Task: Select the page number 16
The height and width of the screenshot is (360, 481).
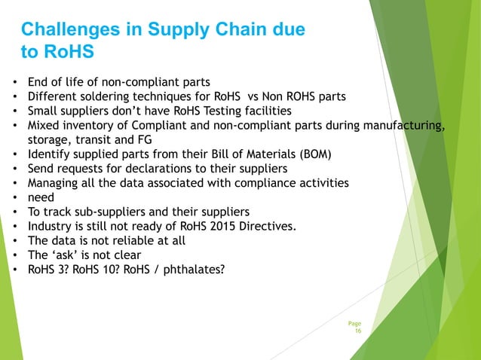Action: click(358, 331)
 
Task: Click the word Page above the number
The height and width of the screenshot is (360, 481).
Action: click(354, 323)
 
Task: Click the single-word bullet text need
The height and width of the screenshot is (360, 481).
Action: click(41, 197)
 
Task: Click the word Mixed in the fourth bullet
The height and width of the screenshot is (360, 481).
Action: click(44, 125)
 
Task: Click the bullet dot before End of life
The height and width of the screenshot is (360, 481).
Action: click(15, 81)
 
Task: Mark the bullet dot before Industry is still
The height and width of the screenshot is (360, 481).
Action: click(15, 226)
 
